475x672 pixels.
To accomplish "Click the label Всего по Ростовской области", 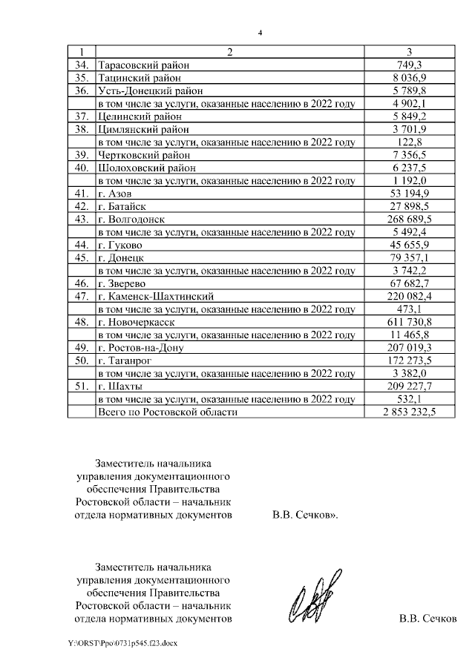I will point(167,412).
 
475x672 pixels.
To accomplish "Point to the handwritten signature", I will point(316,596).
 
